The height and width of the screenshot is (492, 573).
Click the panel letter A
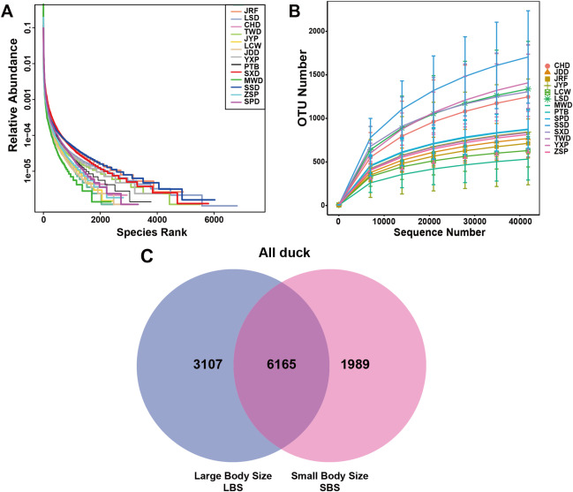pyautogui.click(x=10, y=11)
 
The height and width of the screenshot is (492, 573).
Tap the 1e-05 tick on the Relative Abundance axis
pyautogui.click(x=26, y=174)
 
